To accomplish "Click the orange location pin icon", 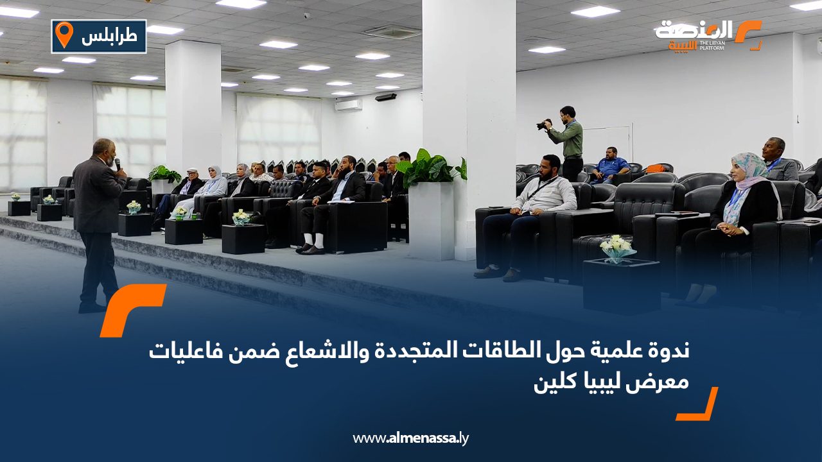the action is (x=64, y=34).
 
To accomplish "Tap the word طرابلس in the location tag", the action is (x=109, y=37).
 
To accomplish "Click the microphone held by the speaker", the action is (x=118, y=164).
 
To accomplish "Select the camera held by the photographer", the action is (x=544, y=124).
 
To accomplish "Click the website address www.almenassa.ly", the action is (x=410, y=438).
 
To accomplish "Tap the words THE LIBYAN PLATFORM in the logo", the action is (x=712, y=46).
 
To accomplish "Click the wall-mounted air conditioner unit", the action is (x=348, y=105).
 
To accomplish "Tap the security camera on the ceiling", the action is (x=306, y=16).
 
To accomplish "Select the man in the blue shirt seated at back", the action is (x=611, y=166).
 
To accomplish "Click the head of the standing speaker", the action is (x=104, y=150).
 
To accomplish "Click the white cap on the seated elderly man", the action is (x=191, y=170).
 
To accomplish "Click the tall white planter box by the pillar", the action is (x=431, y=220).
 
